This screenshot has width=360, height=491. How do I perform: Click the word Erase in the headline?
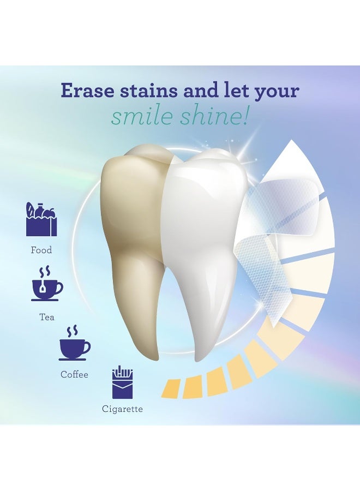pyautogui.click(x=85, y=91)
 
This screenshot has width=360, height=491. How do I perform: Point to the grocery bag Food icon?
pyautogui.click(x=41, y=220)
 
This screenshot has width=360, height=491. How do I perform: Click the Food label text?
pyautogui.click(x=41, y=250)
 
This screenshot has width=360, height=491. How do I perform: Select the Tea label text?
pyautogui.click(x=47, y=317)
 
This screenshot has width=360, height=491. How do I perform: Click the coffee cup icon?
pyautogui.click(x=74, y=344)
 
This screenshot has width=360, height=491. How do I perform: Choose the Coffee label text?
pyautogui.click(x=74, y=375)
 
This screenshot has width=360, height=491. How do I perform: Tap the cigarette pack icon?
pyautogui.click(x=122, y=382)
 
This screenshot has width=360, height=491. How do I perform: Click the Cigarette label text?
pyautogui.click(x=122, y=409)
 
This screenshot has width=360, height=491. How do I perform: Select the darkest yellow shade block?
pyautogui.click(x=171, y=388)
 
